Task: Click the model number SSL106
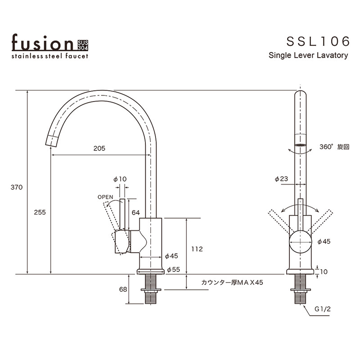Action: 318,41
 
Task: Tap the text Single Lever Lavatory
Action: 308,56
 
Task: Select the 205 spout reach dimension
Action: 99,148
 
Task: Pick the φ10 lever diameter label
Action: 120,179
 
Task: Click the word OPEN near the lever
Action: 105,197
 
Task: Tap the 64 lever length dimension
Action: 135,212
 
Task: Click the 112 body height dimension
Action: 197,249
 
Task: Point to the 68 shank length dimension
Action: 123,289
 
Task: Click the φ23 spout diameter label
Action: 281,179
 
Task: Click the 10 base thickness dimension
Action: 324,271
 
